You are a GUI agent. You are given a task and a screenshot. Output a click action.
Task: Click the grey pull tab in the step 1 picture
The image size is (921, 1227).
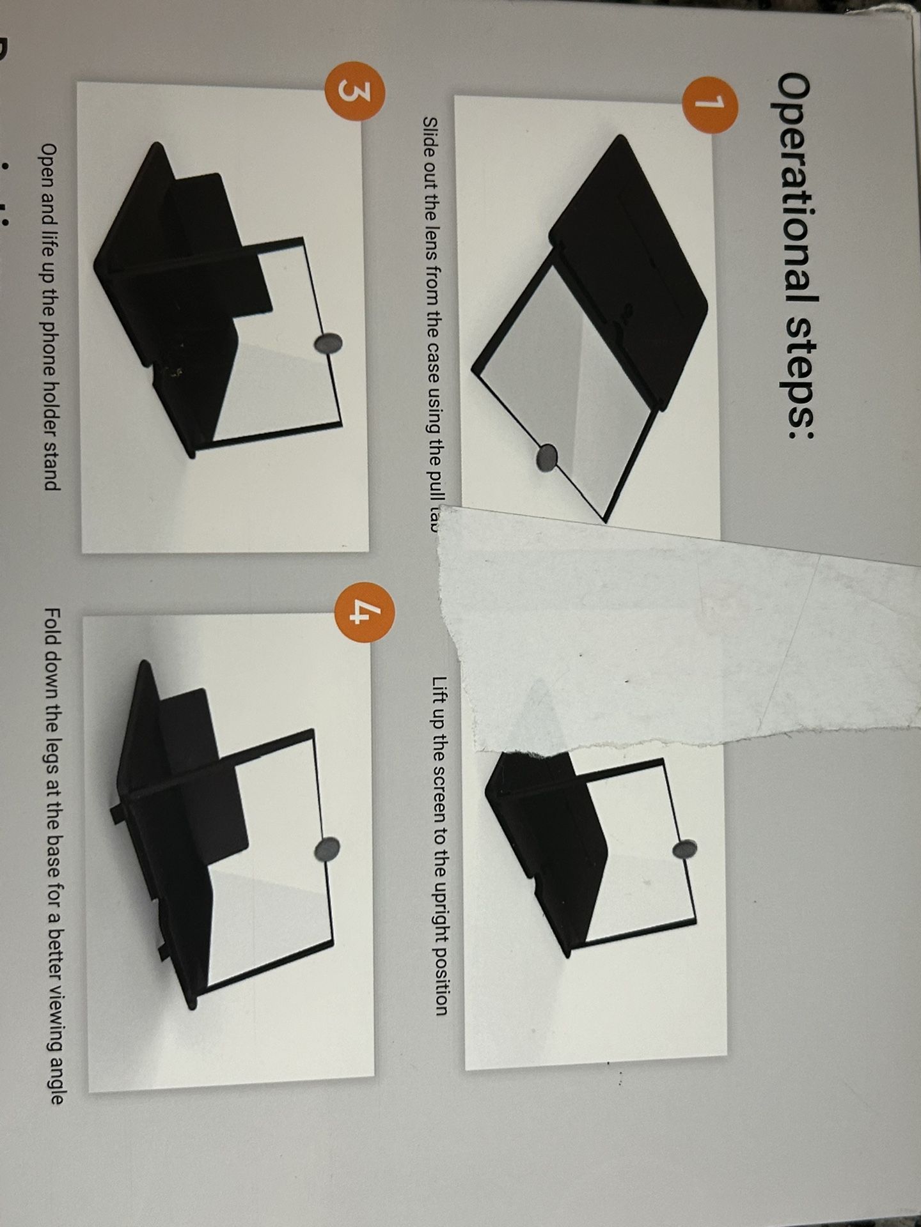click(x=547, y=457)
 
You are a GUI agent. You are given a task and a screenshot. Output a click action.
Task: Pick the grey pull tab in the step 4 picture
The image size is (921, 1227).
click(x=329, y=849)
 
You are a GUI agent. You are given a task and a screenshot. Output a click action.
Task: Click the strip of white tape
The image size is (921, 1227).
click(x=640, y=633)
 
